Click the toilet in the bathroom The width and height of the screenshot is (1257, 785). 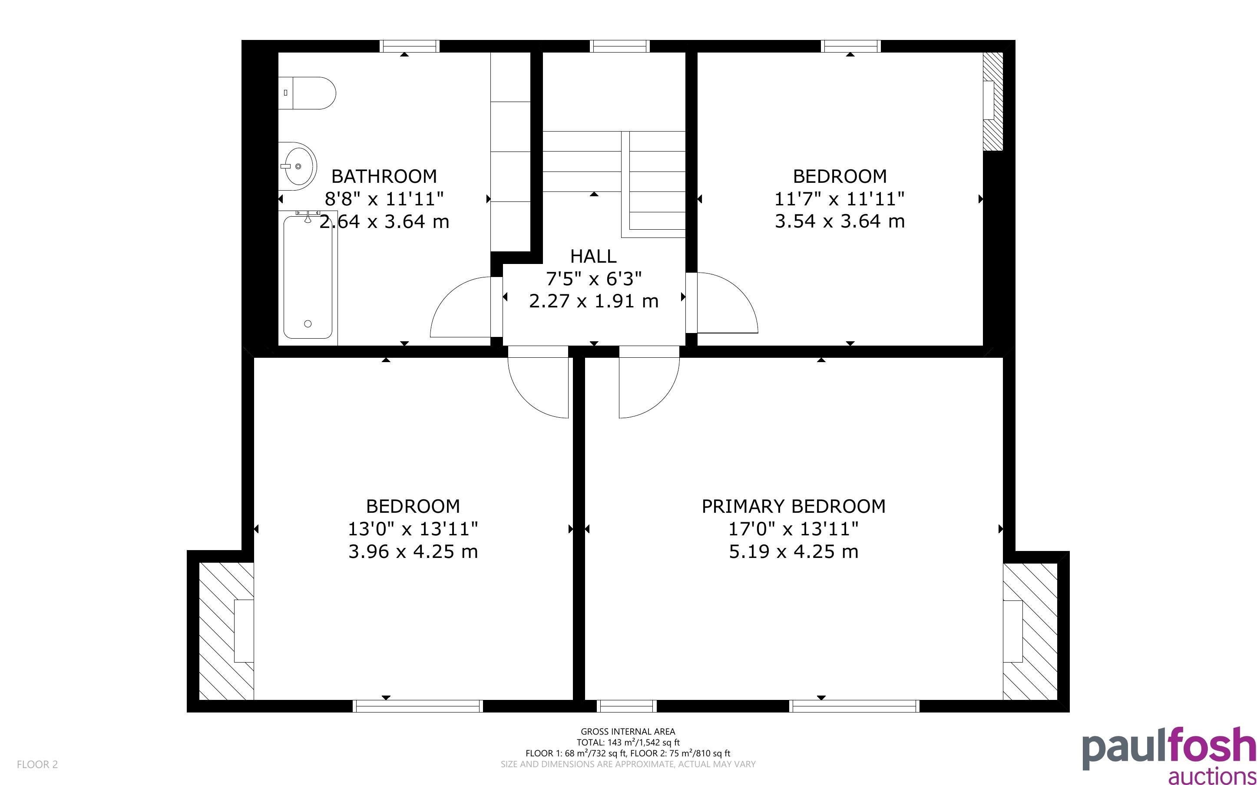(307, 93)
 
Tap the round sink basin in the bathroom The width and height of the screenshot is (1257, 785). (298, 166)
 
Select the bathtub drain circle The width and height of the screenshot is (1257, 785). (308, 324)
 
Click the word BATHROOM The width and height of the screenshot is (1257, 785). (384, 177)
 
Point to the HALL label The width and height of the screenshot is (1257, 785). (593, 257)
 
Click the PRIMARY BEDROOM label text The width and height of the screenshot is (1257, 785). (794, 506)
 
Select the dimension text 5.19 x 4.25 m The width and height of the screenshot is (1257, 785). (794, 551)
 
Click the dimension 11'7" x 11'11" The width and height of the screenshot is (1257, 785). (840, 199)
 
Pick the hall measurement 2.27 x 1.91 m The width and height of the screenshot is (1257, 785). (593, 301)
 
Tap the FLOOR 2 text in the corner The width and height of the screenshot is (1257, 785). (37, 764)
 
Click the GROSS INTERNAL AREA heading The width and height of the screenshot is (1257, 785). (628, 732)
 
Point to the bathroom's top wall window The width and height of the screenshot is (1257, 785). (410, 46)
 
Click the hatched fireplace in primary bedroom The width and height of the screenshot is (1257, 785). (1030, 631)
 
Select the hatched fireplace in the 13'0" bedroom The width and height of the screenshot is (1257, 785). (226, 631)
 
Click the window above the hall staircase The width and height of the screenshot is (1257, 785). (620, 46)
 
